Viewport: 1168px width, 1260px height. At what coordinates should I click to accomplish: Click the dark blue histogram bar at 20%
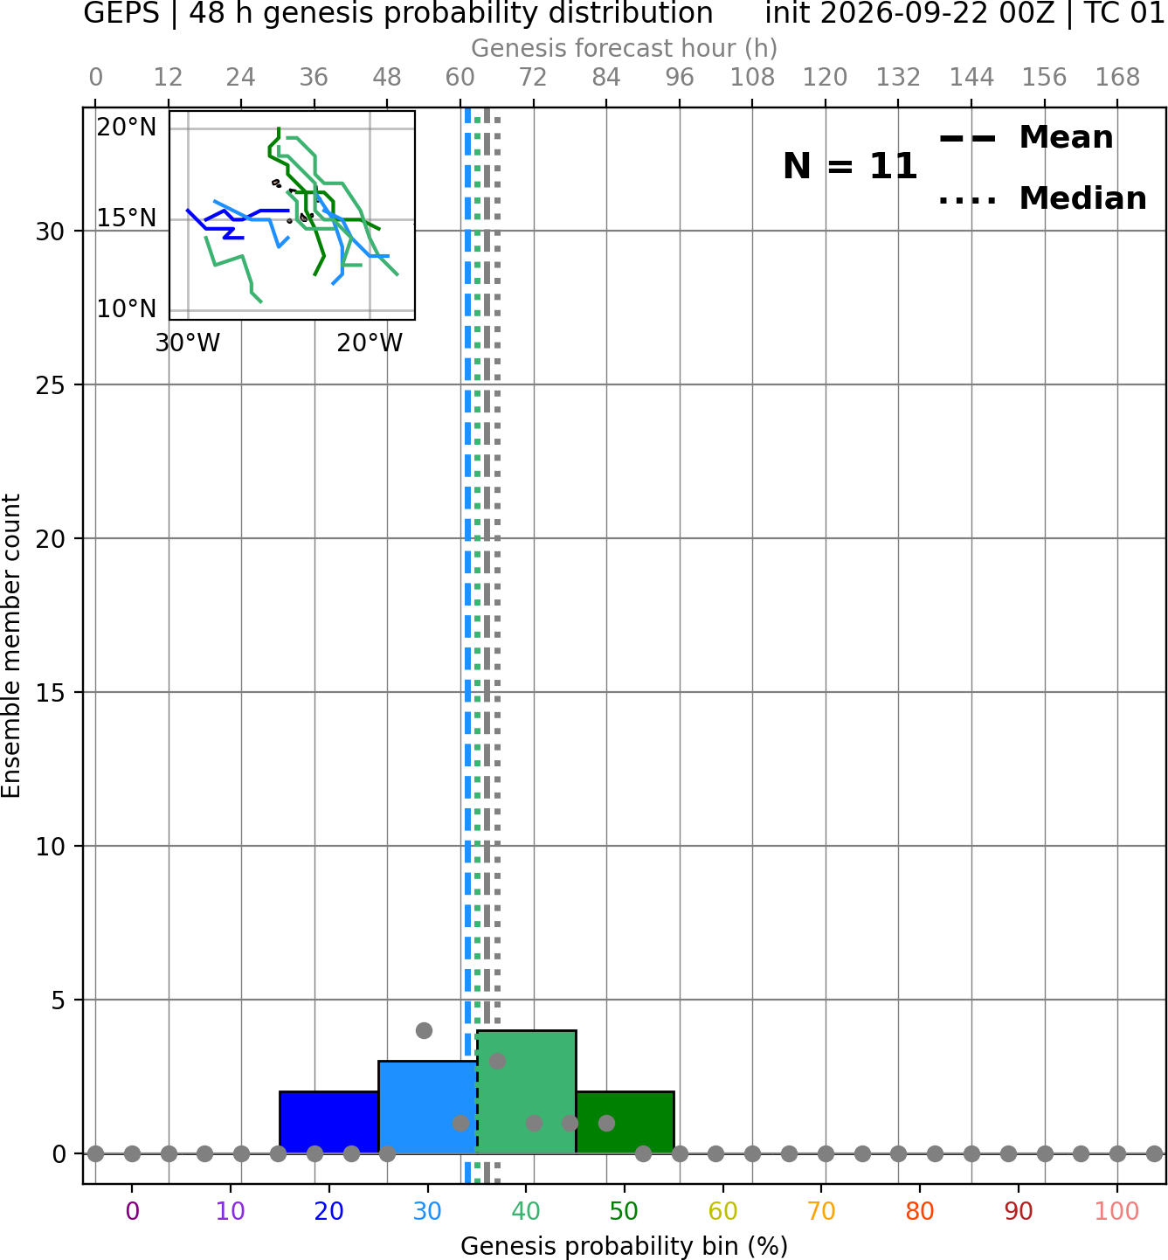(x=328, y=1122)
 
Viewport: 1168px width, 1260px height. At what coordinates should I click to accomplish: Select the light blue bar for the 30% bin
(x=427, y=1107)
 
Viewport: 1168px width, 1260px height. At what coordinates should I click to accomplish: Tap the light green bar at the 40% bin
(x=527, y=1092)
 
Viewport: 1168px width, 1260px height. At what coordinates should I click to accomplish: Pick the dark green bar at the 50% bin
(x=625, y=1122)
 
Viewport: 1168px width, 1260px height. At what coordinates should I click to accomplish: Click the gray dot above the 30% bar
(x=424, y=1030)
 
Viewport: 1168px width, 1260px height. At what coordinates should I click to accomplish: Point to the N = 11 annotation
(x=849, y=166)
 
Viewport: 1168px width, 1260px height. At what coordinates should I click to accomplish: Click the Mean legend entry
(x=1026, y=137)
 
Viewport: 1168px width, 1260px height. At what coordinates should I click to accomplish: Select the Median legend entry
(x=1041, y=198)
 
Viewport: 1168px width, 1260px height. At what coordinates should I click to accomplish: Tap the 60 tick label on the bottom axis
(x=722, y=1211)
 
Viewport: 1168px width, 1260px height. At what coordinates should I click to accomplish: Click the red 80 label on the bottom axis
(x=920, y=1211)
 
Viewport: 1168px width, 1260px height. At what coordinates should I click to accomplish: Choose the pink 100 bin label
(x=1116, y=1211)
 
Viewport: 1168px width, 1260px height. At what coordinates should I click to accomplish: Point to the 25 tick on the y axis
(x=51, y=385)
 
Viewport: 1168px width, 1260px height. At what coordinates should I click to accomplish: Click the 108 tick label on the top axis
(x=752, y=78)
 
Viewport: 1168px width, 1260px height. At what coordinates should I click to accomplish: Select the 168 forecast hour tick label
(x=1117, y=78)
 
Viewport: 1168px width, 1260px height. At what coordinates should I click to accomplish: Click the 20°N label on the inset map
(x=127, y=128)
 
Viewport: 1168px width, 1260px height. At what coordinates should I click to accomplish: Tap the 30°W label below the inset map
(x=187, y=343)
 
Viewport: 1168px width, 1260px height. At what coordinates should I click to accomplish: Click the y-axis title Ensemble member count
(x=10, y=646)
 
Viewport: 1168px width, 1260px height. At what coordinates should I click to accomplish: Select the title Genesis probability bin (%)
(x=625, y=1246)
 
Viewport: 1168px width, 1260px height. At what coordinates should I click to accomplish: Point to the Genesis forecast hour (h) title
(x=625, y=48)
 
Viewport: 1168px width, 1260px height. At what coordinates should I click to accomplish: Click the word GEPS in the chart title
(x=121, y=13)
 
